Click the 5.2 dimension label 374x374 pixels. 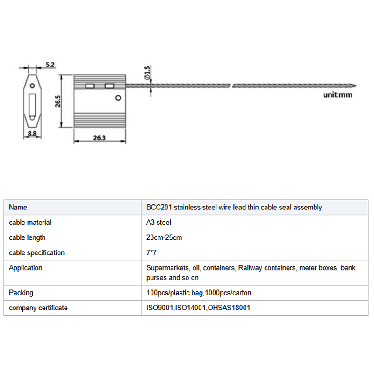50,64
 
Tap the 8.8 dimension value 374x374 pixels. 32,134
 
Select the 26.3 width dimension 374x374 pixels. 99,137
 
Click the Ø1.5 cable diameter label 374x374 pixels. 147,74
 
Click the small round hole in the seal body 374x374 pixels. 118,98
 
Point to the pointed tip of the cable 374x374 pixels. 356,86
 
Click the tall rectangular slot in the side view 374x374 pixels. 32,105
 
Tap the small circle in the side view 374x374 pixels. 32,86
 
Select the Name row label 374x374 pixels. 18,207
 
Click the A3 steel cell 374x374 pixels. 158,223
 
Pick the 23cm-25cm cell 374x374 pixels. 164,237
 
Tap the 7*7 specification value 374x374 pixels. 151,253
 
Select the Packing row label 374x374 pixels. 21,293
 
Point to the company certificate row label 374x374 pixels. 38,308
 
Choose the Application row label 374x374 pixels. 25,268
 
